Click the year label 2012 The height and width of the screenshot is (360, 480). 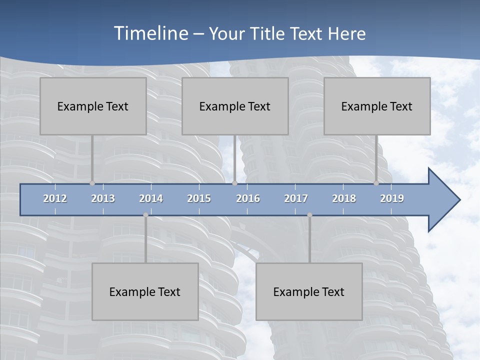(55, 198)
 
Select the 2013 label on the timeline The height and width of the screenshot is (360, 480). (103, 198)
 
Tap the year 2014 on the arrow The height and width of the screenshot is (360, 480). (151, 198)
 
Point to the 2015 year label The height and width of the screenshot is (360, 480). (199, 198)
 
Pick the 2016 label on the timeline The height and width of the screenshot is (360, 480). (248, 198)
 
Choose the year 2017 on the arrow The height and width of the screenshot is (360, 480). (296, 198)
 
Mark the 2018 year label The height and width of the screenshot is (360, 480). (344, 198)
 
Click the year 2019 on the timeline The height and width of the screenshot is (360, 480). (392, 198)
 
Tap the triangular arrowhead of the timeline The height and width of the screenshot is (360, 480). (443, 200)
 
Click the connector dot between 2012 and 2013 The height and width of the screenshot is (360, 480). (92, 183)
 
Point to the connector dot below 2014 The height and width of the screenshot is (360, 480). (145, 215)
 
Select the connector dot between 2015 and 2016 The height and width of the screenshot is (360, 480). (234, 183)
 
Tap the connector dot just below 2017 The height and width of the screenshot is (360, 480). (309, 215)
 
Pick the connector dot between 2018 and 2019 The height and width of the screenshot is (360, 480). (376, 183)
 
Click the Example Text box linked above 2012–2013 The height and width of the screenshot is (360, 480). (93, 106)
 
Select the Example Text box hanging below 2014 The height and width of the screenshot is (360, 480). (145, 291)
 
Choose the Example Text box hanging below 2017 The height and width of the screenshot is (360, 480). (309, 291)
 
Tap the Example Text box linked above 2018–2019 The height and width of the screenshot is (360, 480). (377, 106)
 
